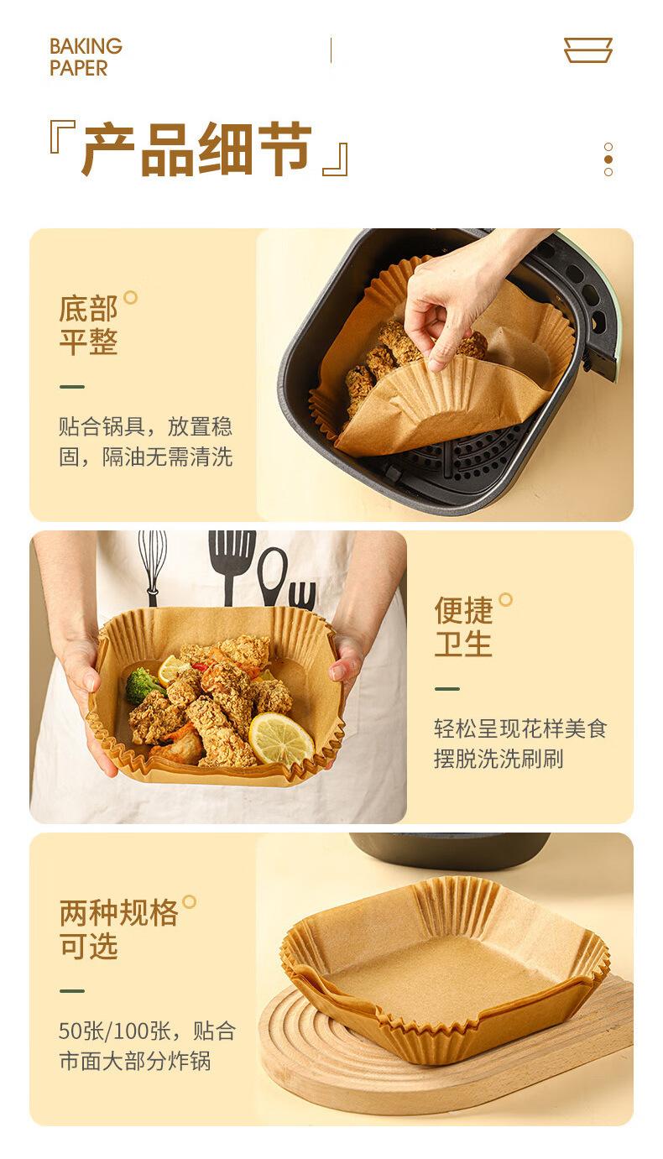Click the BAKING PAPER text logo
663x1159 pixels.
click(x=86, y=57)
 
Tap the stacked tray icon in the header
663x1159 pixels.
click(x=588, y=50)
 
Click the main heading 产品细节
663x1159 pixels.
click(x=197, y=149)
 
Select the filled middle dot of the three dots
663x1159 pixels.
click(x=608, y=159)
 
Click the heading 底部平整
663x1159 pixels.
click(x=88, y=326)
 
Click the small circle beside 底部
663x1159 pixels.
click(x=130, y=297)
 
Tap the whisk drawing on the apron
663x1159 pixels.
click(x=153, y=567)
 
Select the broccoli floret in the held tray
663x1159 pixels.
click(x=143, y=685)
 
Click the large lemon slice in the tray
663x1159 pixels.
click(x=281, y=739)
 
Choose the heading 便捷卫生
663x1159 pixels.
click(x=463, y=627)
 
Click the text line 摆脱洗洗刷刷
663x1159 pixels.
click(x=499, y=759)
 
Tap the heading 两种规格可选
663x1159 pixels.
click(x=118, y=929)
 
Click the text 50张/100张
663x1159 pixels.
click(x=114, y=1031)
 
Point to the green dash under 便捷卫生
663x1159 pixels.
click(x=447, y=689)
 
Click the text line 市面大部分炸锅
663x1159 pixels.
click(x=135, y=1061)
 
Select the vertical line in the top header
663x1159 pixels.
click(x=331, y=50)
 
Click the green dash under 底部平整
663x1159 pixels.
click(x=72, y=387)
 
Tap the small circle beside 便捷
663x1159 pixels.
click(x=506, y=600)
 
